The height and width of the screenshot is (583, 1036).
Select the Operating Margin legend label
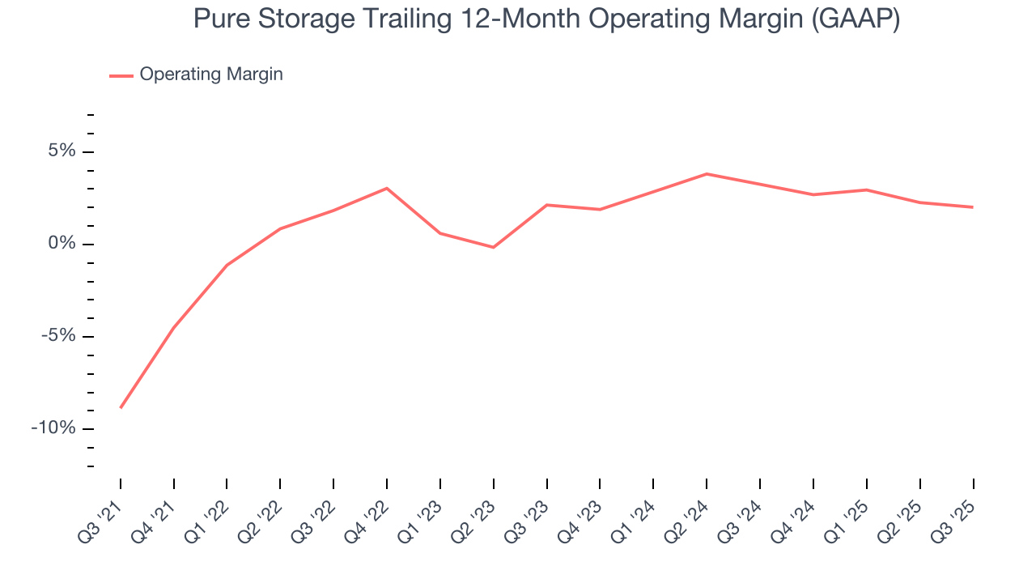click(211, 74)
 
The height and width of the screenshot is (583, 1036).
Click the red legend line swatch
click(121, 75)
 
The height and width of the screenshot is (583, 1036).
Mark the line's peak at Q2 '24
click(707, 174)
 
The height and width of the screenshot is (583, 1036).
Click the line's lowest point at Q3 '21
click(121, 407)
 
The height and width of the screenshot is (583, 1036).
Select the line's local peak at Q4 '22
click(387, 189)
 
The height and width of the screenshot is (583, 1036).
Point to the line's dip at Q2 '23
click(494, 247)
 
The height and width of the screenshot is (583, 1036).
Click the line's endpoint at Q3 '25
click(972, 207)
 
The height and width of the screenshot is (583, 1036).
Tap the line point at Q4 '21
click(174, 327)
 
